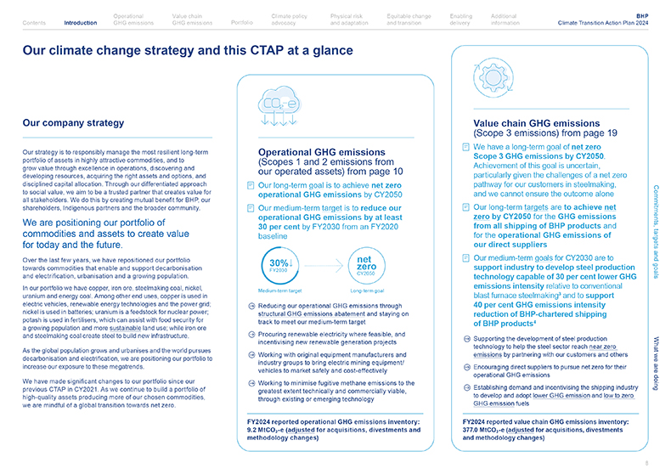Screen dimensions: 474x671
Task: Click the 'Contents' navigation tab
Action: pyautogui.click(x=35, y=23)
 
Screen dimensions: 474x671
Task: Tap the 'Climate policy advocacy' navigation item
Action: pyautogui.click(x=289, y=20)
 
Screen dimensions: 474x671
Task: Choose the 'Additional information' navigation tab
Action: pyautogui.click(x=505, y=20)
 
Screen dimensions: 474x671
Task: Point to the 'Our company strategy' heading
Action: pyautogui.click(x=74, y=123)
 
